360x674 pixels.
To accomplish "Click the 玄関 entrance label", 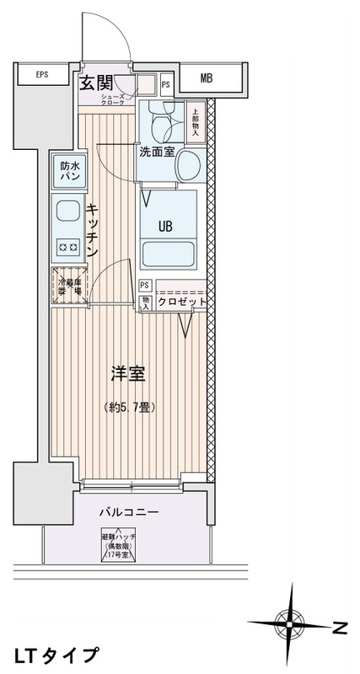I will [x=97, y=82].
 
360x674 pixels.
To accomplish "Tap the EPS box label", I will [x=41, y=75].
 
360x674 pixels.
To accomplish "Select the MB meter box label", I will [x=207, y=80].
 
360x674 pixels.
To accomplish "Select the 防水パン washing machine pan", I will [x=68, y=173].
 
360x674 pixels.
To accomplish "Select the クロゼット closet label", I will [x=180, y=302].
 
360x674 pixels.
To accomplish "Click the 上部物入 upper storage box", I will [x=196, y=121].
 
